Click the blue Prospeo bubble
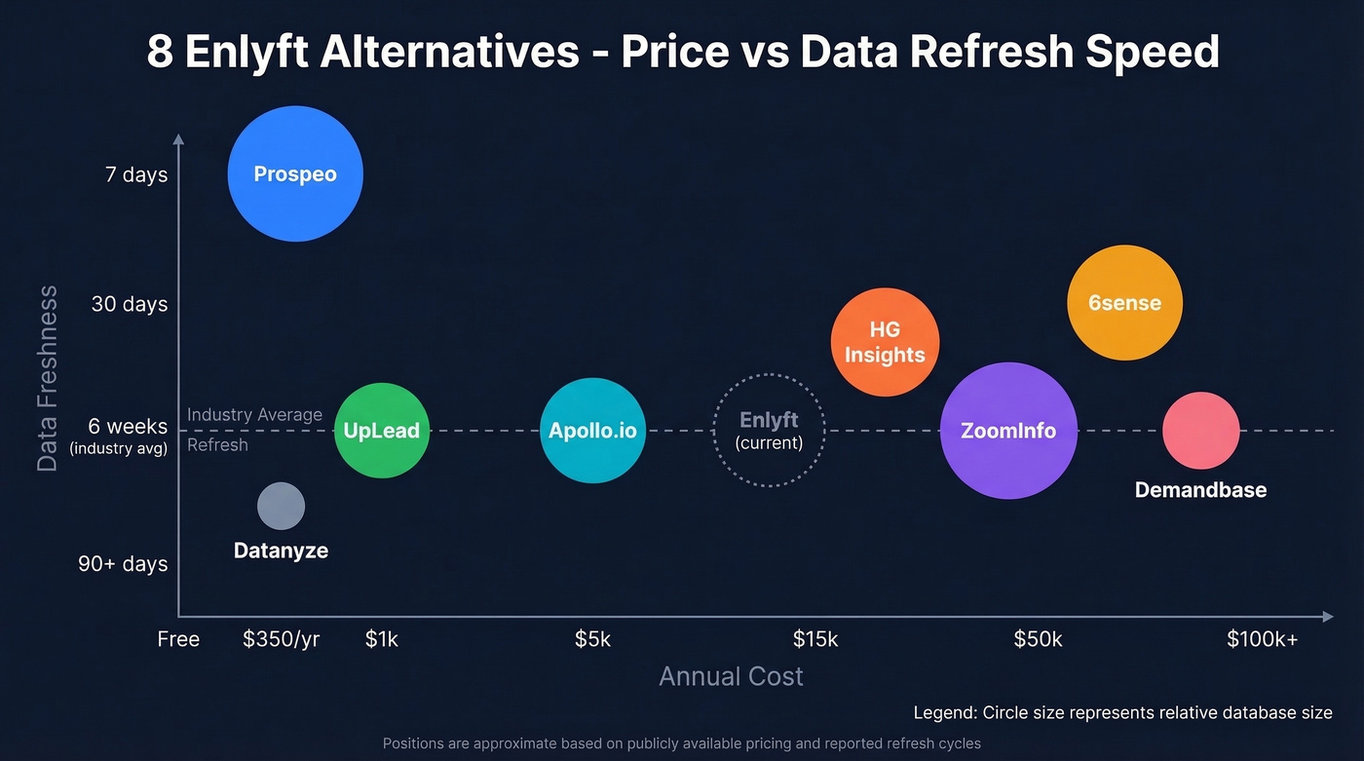click(x=295, y=174)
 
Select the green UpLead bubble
click(x=382, y=431)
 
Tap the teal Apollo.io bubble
click(x=592, y=431)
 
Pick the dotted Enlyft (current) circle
click(x=769, y=430)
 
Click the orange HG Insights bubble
click(x=885, y=342)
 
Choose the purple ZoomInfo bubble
click(x=1008, y=431)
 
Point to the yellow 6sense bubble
click(x=1124, y=302)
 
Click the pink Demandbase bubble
click(x=1200, y=430)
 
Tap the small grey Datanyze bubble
click(x=281, y=507)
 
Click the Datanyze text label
click(x=281, y=551)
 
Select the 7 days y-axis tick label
click(x=136, y=175)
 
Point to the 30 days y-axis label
click(x=130, y=304)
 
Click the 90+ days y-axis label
click(x=123, y=564)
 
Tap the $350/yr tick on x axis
click(x=281, y=639)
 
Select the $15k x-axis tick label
click(x=815, y=639)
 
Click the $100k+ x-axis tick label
click(x=1262, y=639)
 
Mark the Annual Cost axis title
click(x=731, y=676)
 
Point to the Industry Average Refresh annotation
click(x=254, y=429)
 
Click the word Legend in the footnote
click(x=943, y=712)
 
